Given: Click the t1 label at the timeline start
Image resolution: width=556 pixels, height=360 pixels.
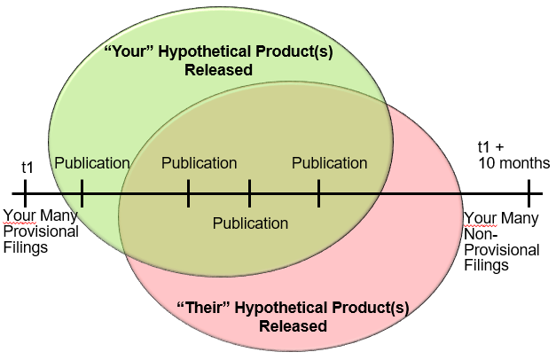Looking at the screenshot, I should point(27,166).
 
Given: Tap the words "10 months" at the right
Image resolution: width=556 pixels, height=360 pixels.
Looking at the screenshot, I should point(513,163).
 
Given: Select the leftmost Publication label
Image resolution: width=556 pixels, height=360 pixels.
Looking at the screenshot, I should point(92,163).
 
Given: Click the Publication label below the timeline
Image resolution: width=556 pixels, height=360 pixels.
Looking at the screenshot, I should point(250,223).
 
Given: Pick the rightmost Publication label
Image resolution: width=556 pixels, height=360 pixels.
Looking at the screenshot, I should point(329,163).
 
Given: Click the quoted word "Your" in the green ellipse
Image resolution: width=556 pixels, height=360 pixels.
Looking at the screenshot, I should point(124,52).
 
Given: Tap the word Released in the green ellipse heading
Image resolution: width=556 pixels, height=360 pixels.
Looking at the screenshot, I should point(219,69).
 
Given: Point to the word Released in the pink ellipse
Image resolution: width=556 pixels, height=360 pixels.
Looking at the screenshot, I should point(293,325).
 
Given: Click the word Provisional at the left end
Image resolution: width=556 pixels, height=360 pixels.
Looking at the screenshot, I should point(41,231).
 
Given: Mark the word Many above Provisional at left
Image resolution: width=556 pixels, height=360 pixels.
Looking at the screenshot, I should point(56,215).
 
